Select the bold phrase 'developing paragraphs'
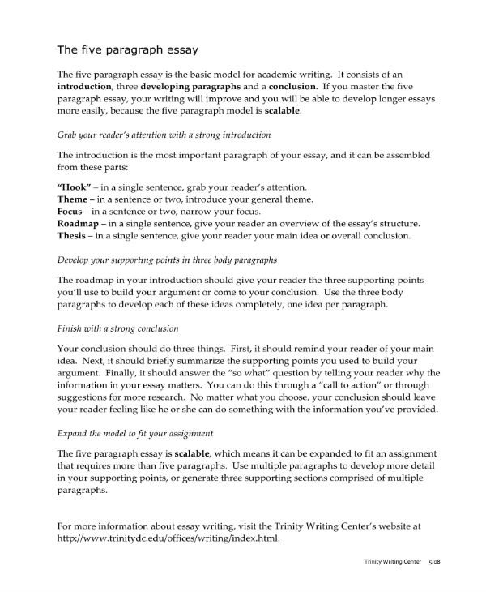tap(196, 84)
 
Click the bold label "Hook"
tap(75, 187)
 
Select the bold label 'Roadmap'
tap(80, 224)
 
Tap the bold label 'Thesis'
tap(74, 236)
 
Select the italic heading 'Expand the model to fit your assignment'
tap(141, 433)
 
